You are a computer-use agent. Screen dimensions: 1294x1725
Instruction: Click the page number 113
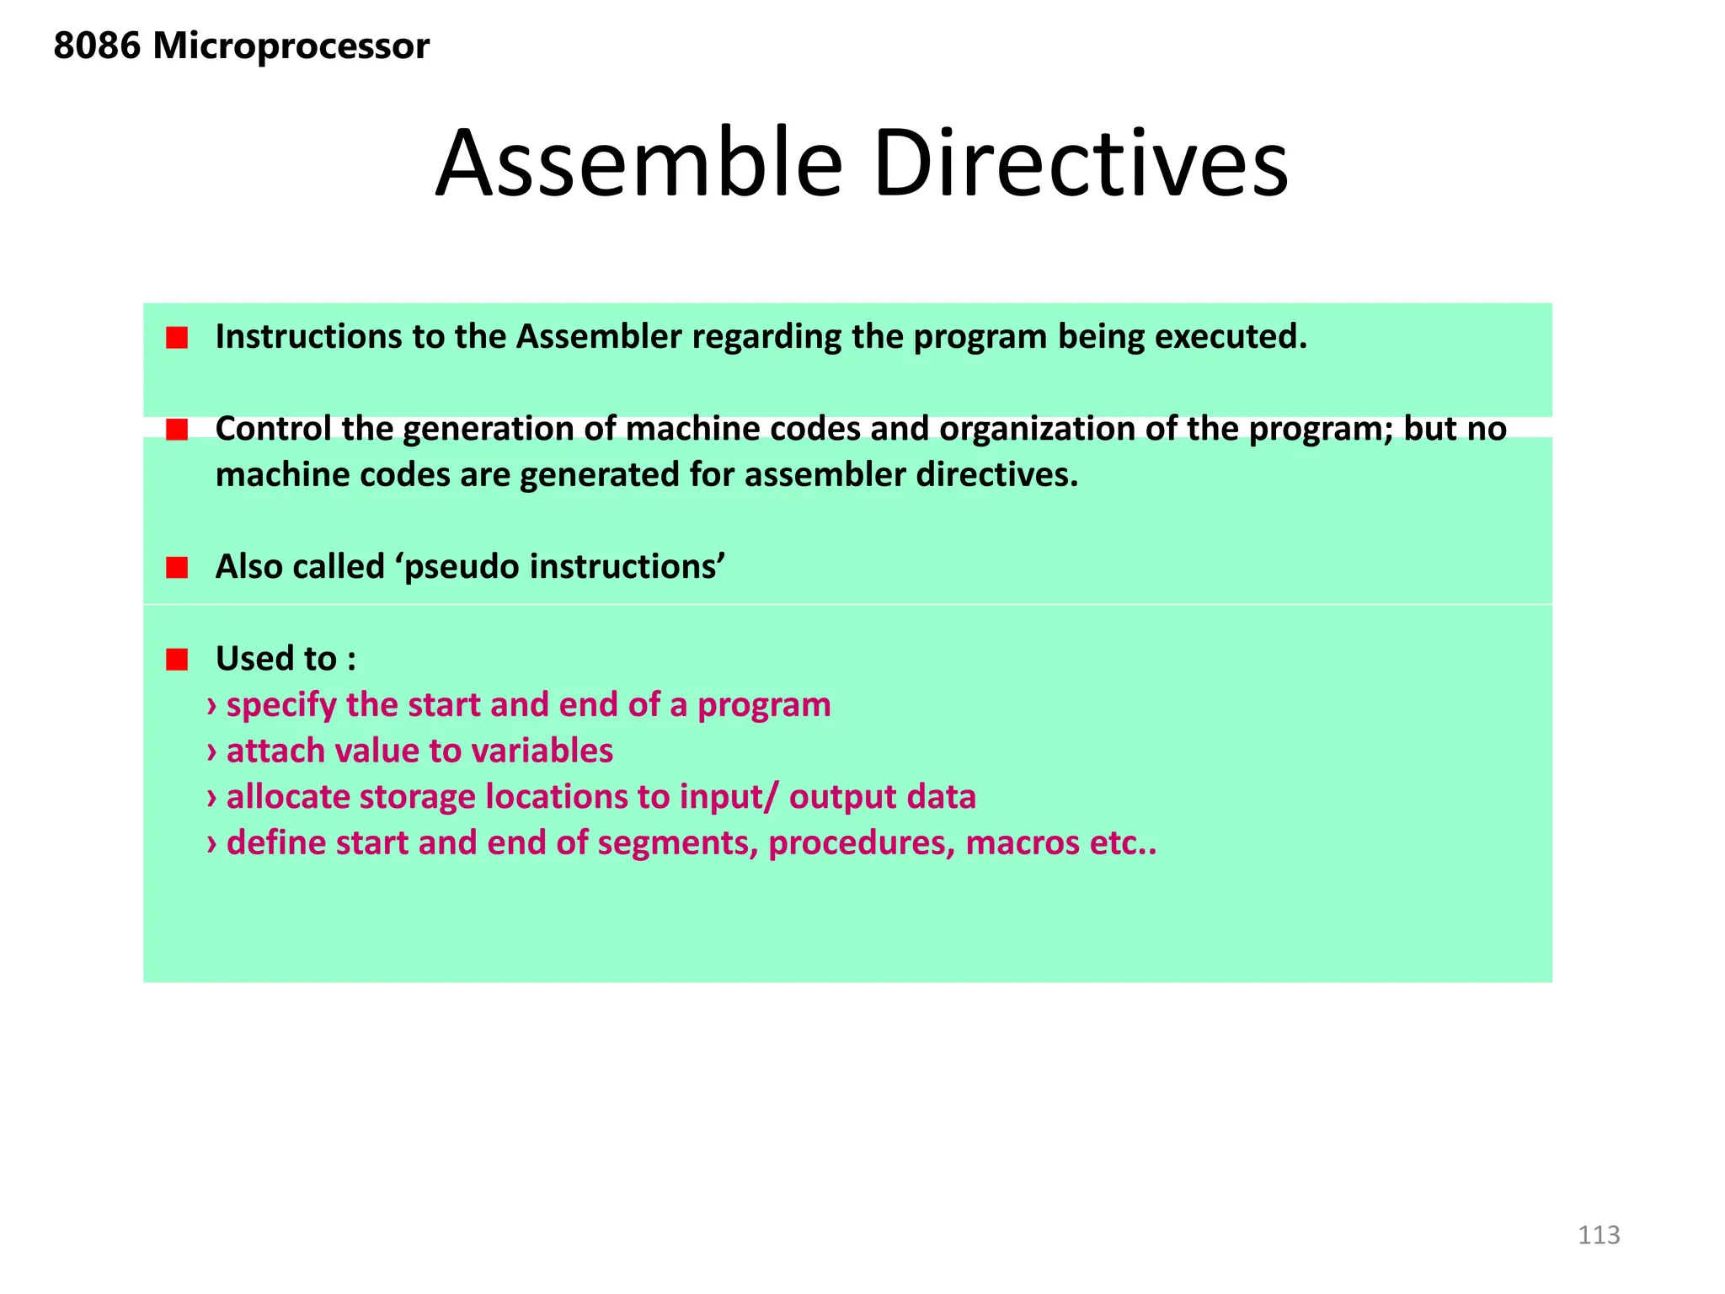1598,1235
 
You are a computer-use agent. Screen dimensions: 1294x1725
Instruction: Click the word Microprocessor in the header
291,46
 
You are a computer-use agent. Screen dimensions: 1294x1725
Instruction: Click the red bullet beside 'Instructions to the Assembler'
177,339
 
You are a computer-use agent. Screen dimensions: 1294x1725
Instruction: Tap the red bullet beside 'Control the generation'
177,430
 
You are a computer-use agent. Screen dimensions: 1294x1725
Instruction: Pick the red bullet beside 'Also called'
177,568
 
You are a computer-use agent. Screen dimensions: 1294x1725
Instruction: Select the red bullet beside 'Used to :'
177,660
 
